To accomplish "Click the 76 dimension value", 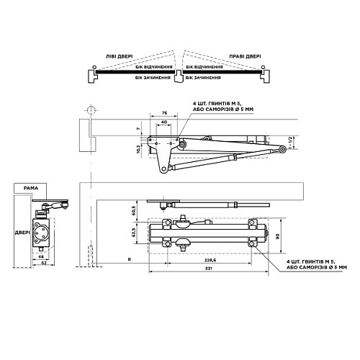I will click(163, 113).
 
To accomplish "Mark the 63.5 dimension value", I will click(134, 234).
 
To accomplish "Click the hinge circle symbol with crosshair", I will click(91, 110).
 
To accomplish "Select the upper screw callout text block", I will click(225, 107).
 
